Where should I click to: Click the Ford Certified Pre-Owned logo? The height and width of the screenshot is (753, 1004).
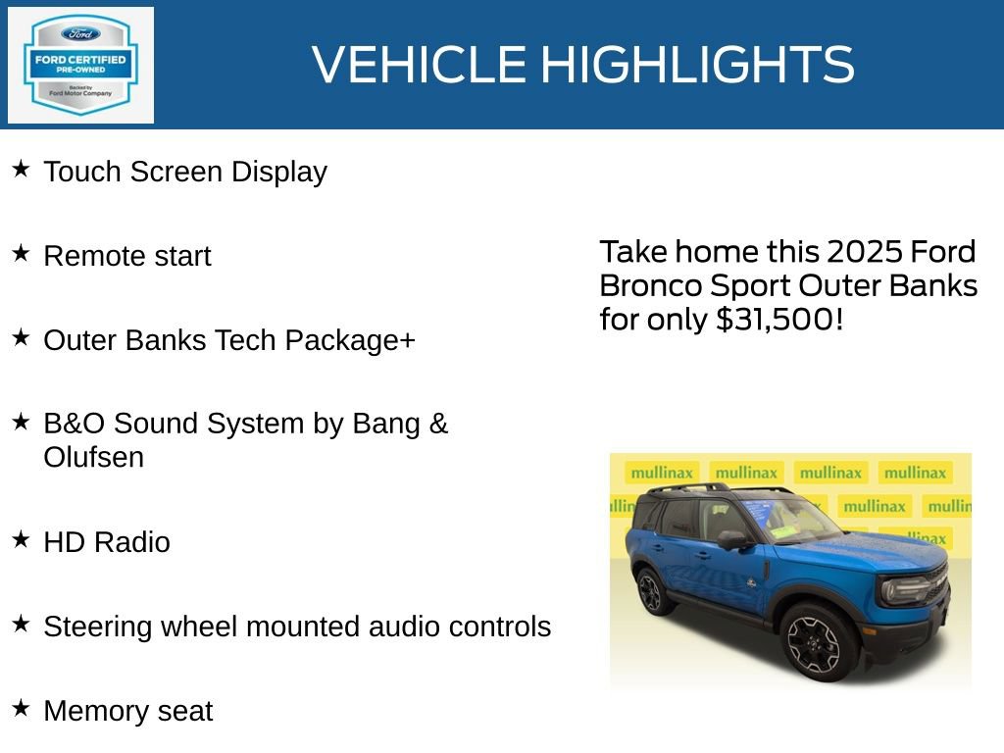(x=80, y=66)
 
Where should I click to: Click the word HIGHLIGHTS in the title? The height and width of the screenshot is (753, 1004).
(x=697, y=65)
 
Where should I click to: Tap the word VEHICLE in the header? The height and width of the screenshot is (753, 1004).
(x=420, y=65)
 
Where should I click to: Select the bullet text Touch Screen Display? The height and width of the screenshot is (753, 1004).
(x=185, y=172)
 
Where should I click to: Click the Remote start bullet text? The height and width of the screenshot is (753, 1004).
(x=127, y=256)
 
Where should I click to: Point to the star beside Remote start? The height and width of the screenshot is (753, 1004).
(x=21, y=254)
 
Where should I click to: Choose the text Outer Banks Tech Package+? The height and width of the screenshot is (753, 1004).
(x=229, y=340)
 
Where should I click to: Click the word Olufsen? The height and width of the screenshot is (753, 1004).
(x=94, y=458)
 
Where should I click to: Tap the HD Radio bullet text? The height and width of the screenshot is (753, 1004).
(x=107, y=542)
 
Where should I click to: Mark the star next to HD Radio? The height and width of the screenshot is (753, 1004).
(x=21, y=540)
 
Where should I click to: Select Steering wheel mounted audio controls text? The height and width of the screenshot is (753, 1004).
(x=297, y=627)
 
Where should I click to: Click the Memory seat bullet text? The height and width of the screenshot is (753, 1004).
(x=127, y=711)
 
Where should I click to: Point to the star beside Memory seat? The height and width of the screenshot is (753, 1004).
(x=21, y=709)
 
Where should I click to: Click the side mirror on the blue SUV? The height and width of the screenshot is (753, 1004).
(x=731, y=539)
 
